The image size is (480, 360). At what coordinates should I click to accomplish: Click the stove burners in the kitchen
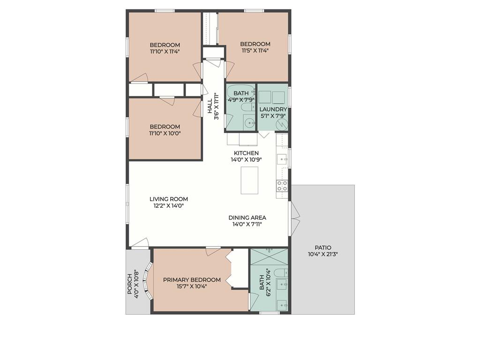coord(282,186)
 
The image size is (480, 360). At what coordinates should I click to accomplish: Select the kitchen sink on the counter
coord(283,159)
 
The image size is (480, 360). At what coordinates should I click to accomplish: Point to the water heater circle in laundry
coord(282,124)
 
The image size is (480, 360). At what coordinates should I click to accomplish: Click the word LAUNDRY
coord(273,109)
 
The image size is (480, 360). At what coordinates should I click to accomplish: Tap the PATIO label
coord(323,247)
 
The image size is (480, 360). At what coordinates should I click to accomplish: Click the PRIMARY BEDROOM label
coord(192,280)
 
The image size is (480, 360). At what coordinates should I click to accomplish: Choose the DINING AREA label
coord(247,217)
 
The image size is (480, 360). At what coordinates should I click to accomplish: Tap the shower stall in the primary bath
coord(269,257)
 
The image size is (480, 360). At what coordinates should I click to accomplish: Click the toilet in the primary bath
coord(279,273)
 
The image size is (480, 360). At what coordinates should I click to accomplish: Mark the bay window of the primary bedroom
coord(148,281)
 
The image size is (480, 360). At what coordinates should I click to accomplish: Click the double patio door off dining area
coord(295,218)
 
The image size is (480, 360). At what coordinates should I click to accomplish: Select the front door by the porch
coord(140,243)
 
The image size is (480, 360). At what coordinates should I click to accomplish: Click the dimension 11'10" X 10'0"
coord(165,133)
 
